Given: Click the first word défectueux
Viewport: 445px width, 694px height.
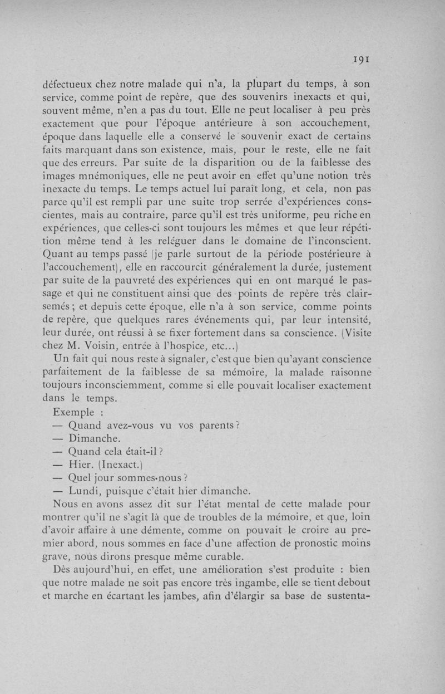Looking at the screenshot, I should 69,86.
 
